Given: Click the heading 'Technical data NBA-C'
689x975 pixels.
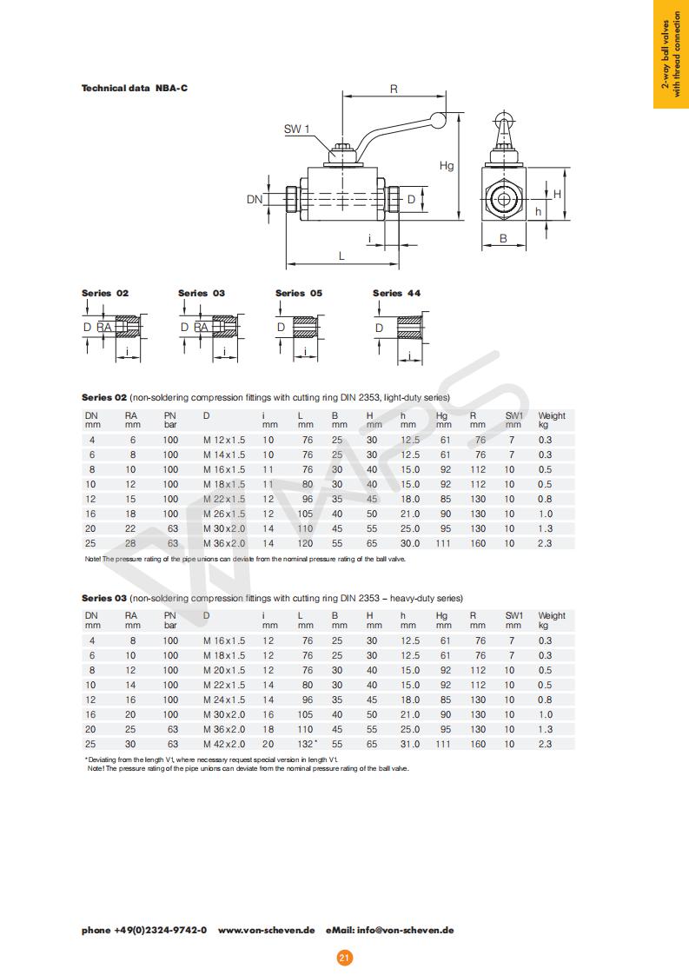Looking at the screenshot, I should [x=135, y=88].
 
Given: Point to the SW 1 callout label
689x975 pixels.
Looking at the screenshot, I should [x=296, y=129].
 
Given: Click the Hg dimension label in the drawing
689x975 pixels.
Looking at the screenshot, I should [x=447, y=165].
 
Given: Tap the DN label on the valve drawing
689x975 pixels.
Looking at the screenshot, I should [x=254, y=199].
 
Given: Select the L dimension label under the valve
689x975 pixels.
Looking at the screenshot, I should [x=341, y=255].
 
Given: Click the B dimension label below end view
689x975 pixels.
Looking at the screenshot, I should [x=502, y=237].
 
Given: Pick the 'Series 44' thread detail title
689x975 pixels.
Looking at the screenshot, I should [x=396, y=293].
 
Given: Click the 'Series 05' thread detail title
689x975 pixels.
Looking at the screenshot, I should [x=298, y=293].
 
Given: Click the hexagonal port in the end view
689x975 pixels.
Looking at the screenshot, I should [x=502, y=198].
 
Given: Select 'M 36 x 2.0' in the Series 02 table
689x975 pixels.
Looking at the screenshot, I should [x=224, y=543].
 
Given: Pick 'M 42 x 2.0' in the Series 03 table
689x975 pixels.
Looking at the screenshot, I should [x=224, y=744].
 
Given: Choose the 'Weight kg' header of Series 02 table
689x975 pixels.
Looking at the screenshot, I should [x=551, y=420].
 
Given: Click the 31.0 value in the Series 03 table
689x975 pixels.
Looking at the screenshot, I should [x=409, y=744].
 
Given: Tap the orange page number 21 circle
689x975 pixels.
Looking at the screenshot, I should [x=344, y=958].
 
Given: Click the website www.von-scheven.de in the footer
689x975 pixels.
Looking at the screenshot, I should [x=266, y=930].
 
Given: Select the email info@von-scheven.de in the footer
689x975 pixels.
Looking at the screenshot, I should [x=405, y=930].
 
